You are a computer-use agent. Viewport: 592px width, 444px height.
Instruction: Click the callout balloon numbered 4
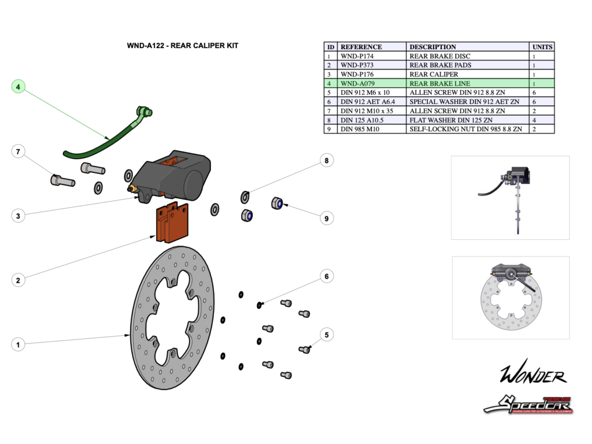(x=18, y=87)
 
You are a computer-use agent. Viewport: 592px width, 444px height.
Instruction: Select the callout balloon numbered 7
(x=18, y=151)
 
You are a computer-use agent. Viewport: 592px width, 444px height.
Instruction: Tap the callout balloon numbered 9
(x=327, y=219)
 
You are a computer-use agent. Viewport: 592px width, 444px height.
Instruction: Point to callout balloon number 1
(x=18, y=345)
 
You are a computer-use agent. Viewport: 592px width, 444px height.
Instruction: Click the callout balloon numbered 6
(x=327, y=277)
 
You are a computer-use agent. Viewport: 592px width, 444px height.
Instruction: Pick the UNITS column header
(x=542, y=47)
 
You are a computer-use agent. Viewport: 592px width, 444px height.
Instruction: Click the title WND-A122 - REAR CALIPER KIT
(x=182, y=46)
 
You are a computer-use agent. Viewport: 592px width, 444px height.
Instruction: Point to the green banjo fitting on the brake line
(x=143, y=112)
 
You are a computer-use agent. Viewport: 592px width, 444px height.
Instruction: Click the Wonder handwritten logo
(x=532, y=375)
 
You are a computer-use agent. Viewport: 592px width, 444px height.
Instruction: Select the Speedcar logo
(x=528, y=405)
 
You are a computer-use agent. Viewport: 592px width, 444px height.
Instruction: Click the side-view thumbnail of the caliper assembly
(x=510, y=197)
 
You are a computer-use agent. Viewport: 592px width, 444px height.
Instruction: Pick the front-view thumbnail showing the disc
(x=510, y=297)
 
